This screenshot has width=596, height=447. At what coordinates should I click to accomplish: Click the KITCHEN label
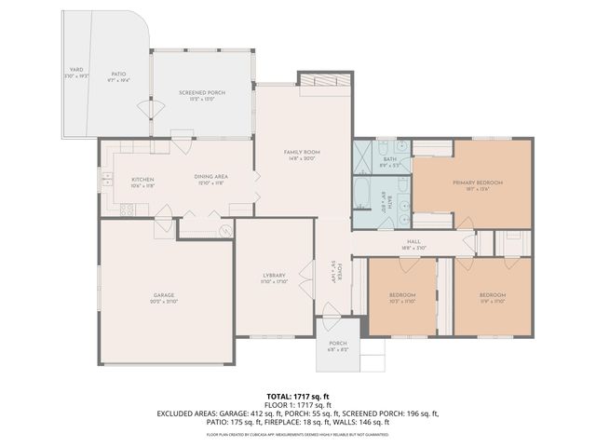(142, 179)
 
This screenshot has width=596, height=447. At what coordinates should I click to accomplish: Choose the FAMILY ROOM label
(302, 152)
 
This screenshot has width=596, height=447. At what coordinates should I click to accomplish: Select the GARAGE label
(164, 295)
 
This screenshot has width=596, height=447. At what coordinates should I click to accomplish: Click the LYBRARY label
(273, 275)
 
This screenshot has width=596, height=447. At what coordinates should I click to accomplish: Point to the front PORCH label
(337, 343)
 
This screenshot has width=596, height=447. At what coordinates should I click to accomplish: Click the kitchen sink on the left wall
(106, 178)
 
